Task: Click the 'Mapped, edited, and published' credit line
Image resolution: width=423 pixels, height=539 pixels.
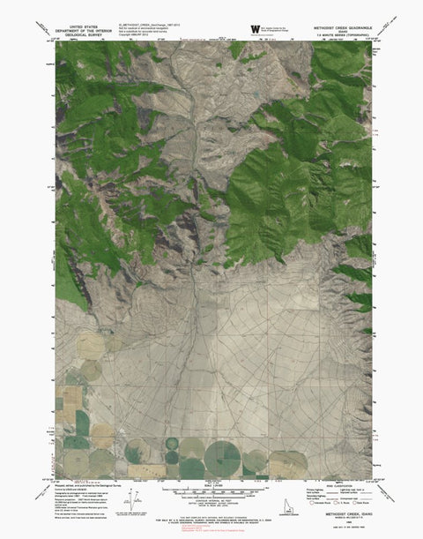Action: pyautogui.click(x=84, y=483)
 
